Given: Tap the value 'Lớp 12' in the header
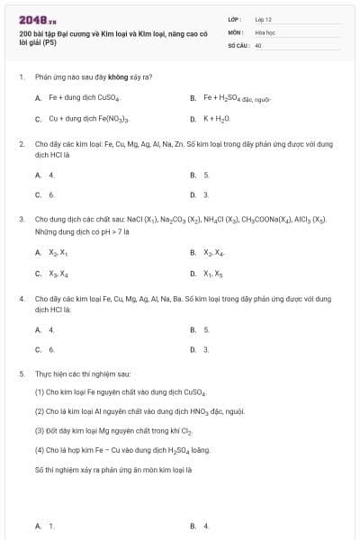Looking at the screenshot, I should pyautogui.click(x=264, y=19).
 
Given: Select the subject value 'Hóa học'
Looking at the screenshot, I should pyautogui.click(x=264, y=31).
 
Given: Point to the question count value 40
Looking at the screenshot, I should pyautogui.click(x=258, y=44).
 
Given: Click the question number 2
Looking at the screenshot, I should pyautogui.click(x=21, y=144).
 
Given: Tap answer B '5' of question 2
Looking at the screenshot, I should pyautogui.click(x=206, y=175).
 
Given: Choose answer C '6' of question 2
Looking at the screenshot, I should pyautogui.click(x=51, y=194).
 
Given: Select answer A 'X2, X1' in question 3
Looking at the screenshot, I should pyautogui.click(x=58, y=253).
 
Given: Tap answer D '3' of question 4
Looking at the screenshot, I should pyautogui.click(x=206, y=349).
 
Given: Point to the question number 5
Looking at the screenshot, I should pyautogui.click(x=21, y=373).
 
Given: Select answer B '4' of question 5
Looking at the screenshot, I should pyautogui.click(x=206, y=526).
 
